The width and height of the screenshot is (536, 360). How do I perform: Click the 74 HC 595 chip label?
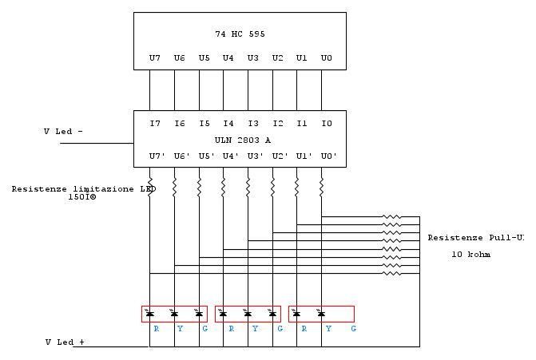point(240,34)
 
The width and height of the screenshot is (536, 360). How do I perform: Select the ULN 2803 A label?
point(243,140)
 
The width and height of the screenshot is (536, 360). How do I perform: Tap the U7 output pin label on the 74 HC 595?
point(155,58)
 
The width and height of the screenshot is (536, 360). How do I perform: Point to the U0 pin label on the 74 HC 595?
point(327,58)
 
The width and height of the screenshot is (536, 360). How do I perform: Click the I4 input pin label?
point(228,123)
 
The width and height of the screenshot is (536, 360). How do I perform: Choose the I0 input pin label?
point(327,123)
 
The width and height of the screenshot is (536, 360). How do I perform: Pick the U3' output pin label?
point(256,156)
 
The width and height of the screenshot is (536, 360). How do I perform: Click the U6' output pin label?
point(182,156)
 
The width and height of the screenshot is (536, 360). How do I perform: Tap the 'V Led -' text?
point(63,132)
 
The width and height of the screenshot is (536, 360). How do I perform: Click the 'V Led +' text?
point(65,342)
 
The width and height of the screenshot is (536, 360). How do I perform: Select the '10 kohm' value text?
point(471,255)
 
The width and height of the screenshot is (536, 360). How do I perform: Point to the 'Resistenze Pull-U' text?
point(476,238)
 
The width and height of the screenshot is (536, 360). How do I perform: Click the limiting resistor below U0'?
point(321,187)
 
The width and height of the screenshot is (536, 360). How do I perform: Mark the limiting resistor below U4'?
point(223,187)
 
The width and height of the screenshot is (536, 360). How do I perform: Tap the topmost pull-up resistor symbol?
point(391,216)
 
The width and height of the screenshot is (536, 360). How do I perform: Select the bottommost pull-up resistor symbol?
point(391,273)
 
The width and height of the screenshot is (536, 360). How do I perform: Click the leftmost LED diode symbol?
point(149,313)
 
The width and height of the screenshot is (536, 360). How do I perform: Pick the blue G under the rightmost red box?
point(353,329)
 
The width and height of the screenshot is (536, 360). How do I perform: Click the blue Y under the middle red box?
point(255,329)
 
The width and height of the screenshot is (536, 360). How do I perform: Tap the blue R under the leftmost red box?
point(157,329)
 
